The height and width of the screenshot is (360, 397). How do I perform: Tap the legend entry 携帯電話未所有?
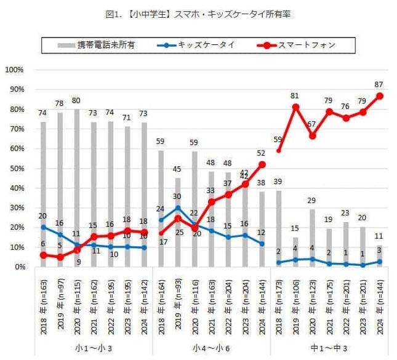pyautogui.click(x=105, y=45)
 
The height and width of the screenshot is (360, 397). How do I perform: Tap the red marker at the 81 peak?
pyautogui.click(x=296, y=107)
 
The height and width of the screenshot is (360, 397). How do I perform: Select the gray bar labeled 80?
pyautogui.click(x=76, y=188)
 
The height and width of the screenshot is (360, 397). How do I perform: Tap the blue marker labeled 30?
pyautogui.click(x=178, y=208)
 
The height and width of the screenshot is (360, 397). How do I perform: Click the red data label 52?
pyautogui.click(x=262, y=153)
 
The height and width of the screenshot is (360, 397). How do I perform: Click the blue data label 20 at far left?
pyautogui.click(x=42, y=216)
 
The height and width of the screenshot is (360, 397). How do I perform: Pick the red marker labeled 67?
pyautogui.click(x=313, y=135)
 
